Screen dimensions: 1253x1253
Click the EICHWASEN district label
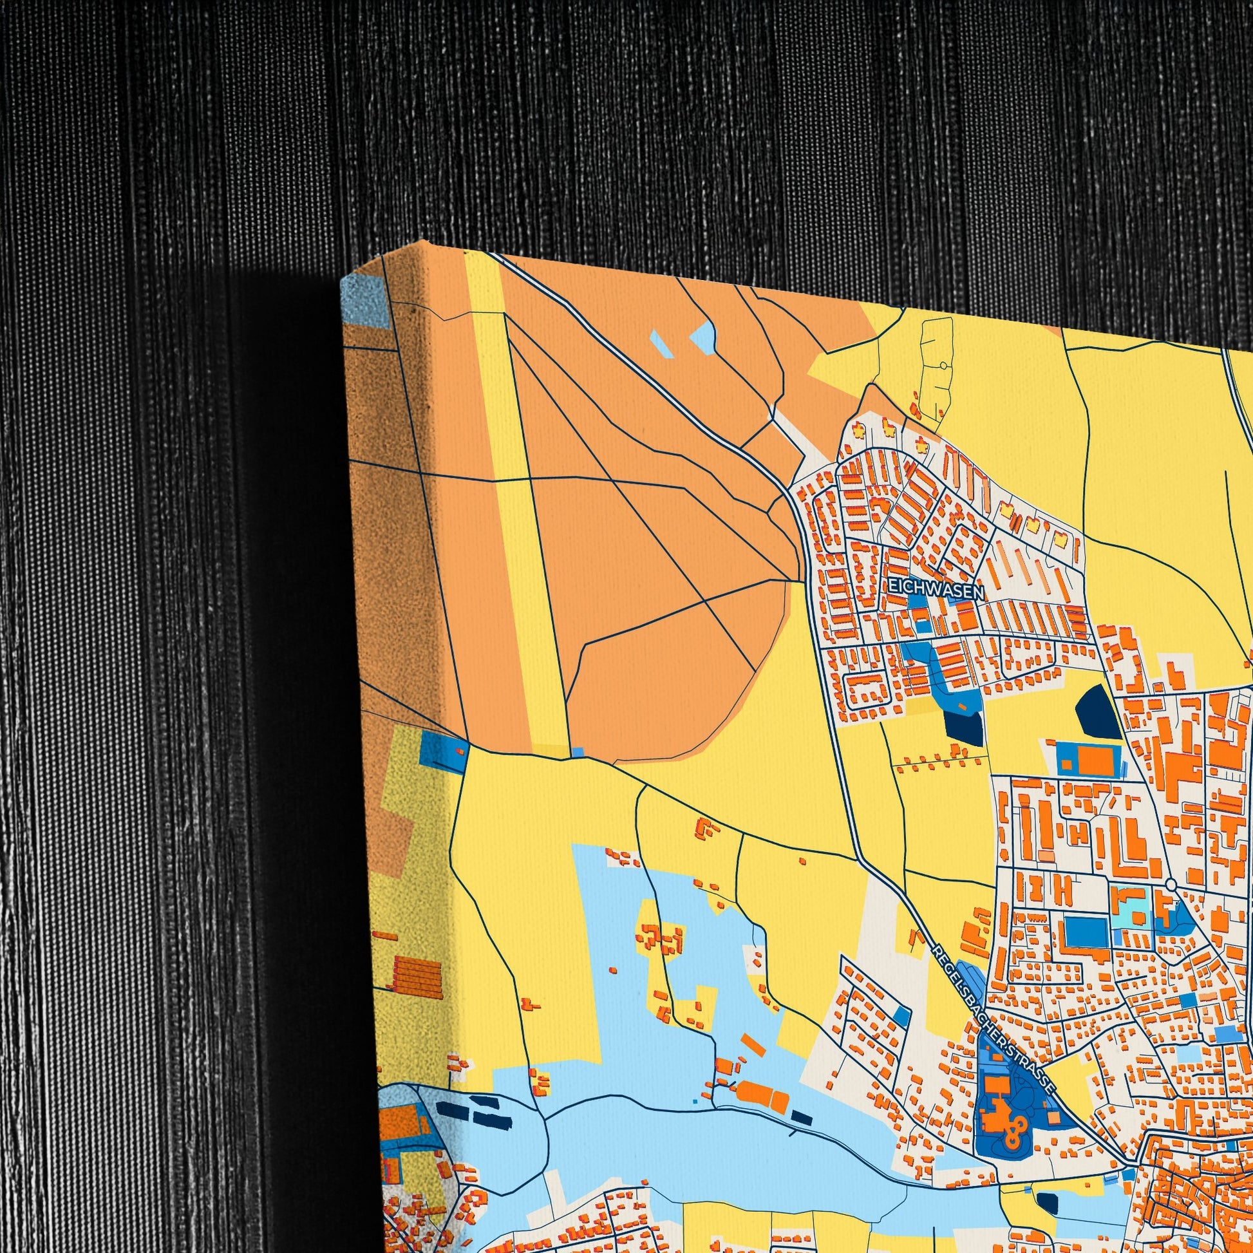pos(936,589)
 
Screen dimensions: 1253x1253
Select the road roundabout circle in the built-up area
pos(1171,885)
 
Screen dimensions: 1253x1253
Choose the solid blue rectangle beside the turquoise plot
pos(1085,932)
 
